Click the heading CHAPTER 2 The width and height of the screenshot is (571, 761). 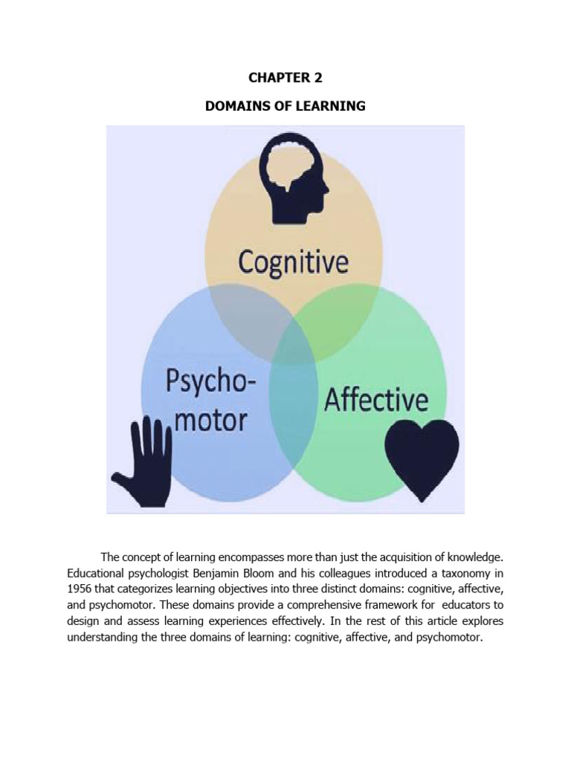tap(285, 77)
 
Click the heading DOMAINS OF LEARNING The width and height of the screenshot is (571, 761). tap(285, 106)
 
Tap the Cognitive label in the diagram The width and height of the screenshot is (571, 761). tap(293, 262)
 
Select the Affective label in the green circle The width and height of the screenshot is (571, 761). tap(376, 400)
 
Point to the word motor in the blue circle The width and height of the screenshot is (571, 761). tap(210, 420)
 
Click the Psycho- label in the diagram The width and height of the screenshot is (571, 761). tap(210, 380)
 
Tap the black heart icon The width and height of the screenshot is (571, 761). tap(422, 461)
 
